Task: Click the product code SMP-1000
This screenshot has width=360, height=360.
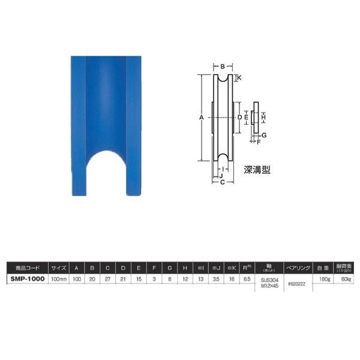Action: [x=27, y=279]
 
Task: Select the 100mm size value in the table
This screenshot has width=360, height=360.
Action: [x=59, y=279]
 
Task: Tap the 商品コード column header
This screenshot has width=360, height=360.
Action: [x=27, y=268]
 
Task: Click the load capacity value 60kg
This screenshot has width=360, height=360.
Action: [x=347, y=279]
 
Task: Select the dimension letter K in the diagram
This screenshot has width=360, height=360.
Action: [x=239, y=78]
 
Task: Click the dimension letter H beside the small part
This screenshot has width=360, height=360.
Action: [x=263, y=116]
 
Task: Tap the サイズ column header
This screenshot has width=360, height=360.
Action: [x=59, y=268]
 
